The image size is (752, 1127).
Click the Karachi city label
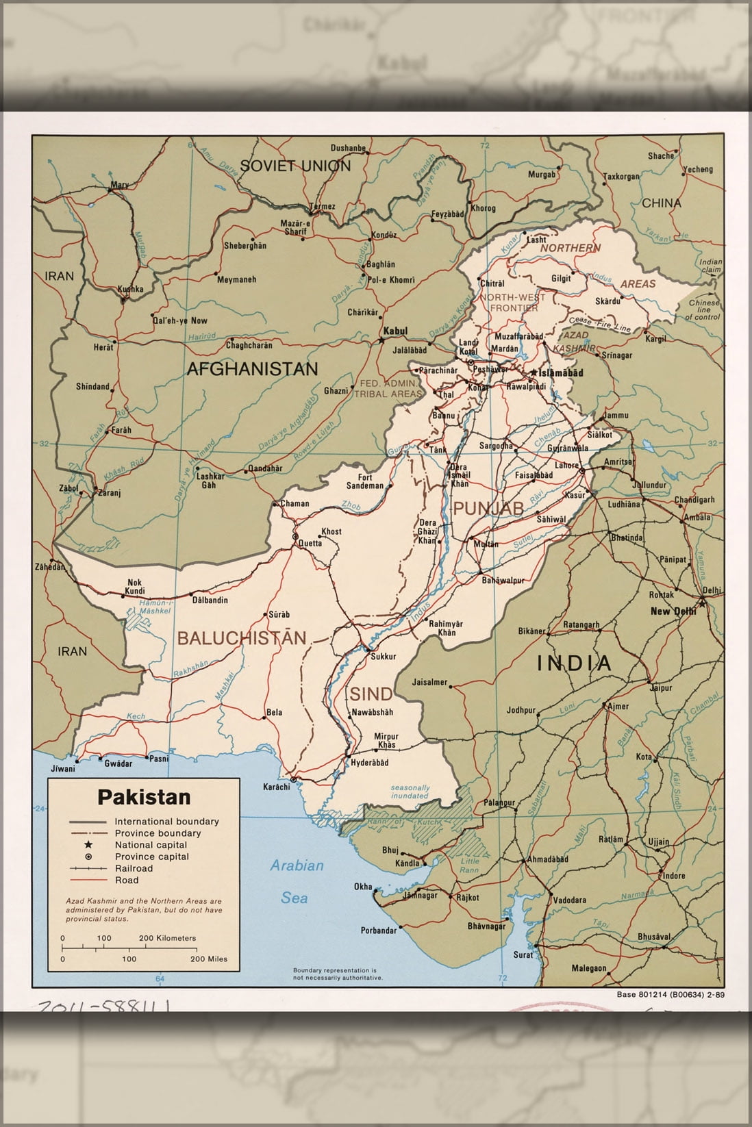pos(277,786)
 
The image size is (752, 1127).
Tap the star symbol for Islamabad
pos(533,372)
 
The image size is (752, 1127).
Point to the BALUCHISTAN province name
pos(242,638)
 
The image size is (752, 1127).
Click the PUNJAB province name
pos(488,507)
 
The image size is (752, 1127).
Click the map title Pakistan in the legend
pos(144,797)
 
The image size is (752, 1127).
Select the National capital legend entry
pos(151,845)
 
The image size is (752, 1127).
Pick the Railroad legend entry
pos(134,868)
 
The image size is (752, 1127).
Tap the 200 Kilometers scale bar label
pos(168,938)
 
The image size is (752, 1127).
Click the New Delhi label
pos(673,611)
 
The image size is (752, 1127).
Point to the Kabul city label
pos(395,331)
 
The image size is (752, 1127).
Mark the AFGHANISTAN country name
pos(252,369)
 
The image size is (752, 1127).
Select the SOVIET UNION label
pos(294,165)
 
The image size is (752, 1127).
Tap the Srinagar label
pos(617,355)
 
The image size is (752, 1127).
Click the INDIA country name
pos(573,662)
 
